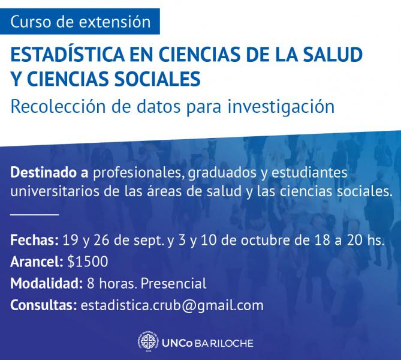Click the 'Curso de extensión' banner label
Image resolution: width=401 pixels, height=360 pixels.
[x=80, y=22]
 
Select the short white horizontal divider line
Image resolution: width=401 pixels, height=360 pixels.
[x=35, y=214]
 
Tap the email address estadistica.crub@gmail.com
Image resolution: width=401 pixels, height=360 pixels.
[x=171, y=305]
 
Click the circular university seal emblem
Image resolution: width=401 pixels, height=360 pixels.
[x=147, y=343]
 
